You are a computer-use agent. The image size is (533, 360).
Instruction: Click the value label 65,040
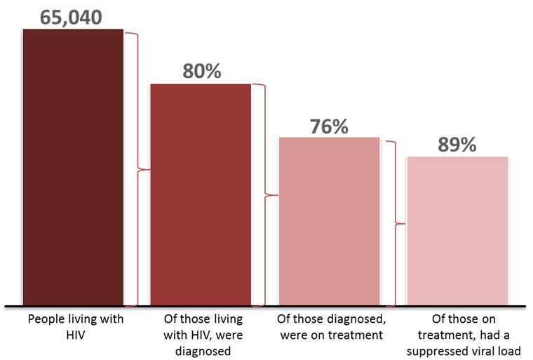click(72, 16)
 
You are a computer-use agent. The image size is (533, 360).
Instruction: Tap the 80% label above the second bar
click(201, 70)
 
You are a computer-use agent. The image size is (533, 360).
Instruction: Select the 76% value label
click(329, 126)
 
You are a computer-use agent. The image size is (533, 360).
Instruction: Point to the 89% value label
click(457, 145)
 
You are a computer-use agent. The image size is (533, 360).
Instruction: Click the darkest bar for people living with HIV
click(73, 168)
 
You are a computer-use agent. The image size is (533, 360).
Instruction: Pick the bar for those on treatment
click(330, 222)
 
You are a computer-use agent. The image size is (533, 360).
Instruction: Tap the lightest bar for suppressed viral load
click(457, 232)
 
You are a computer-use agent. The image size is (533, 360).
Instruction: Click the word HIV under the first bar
click(76, 335)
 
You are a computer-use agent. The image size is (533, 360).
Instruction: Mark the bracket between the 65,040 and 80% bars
click(137, 168)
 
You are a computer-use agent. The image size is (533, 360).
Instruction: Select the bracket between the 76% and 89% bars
click(395, 223)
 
